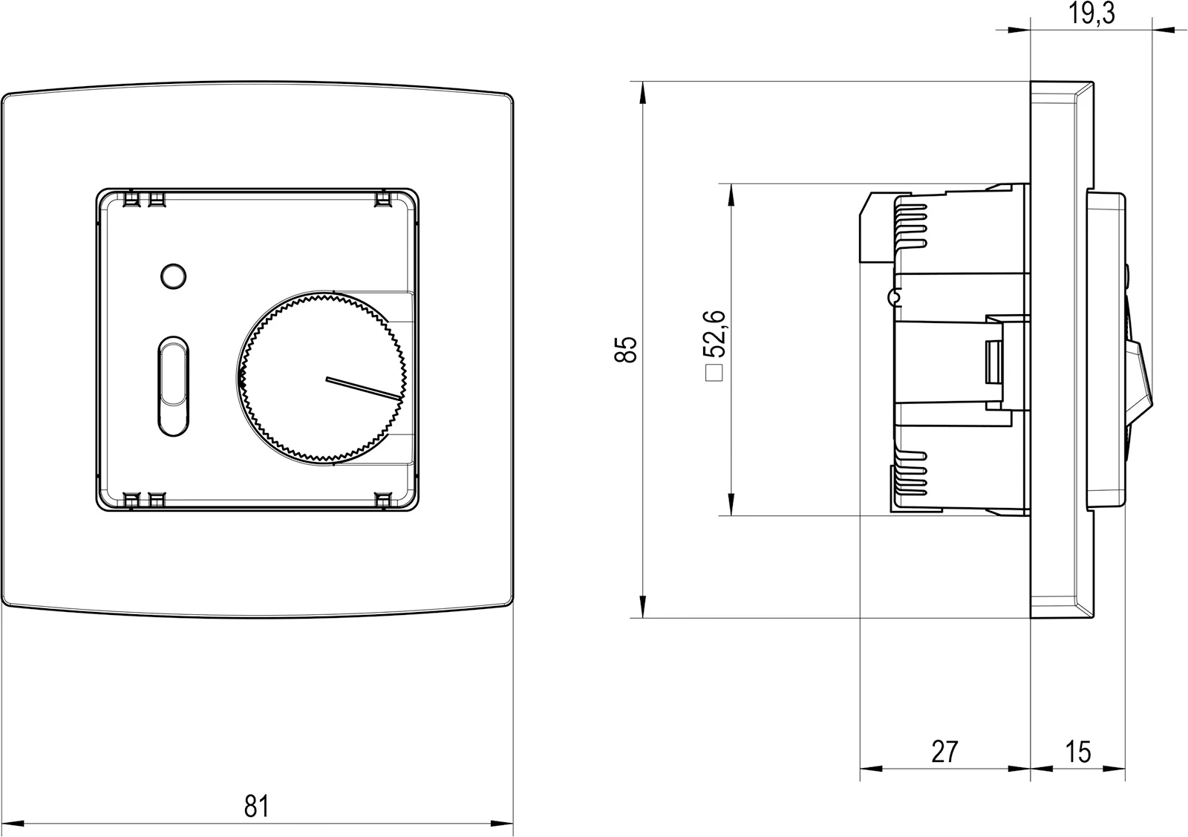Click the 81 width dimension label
[257, 807]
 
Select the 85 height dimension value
[625, 350]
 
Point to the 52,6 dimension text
[714, 333]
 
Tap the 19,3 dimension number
[1091, 13]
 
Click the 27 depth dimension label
[944, 752]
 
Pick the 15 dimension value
[1078, 752]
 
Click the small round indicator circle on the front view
[174, 276]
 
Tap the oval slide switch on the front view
[174, 386]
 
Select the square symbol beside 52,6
[714, 374]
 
